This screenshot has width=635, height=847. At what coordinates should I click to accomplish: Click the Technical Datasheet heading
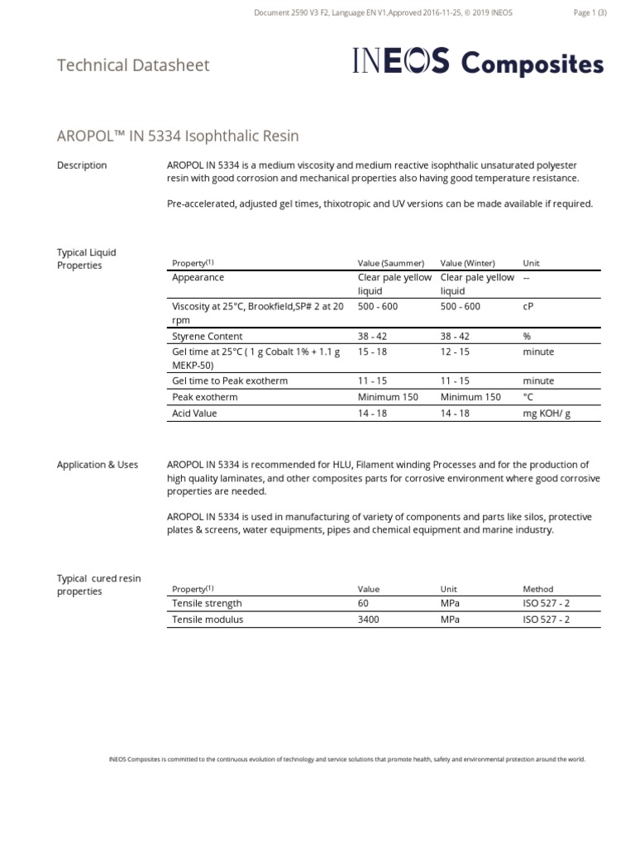tap(133, 65)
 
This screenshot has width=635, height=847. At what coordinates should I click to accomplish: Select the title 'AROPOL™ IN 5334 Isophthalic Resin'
tap(178, 136)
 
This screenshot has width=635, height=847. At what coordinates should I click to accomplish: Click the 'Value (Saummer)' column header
tap(390, 263)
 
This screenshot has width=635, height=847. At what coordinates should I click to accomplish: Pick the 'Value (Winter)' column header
tap(467, 263)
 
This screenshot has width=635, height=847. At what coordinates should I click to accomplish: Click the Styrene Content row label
tap(207, 337)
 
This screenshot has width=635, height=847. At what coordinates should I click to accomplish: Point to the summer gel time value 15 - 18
tap(372, 352)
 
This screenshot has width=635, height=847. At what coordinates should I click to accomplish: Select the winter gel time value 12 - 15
tap(455, 352)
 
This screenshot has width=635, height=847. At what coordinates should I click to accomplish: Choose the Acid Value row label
tap(194, 413)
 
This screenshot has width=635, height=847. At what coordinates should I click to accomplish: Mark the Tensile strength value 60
tap(363, 604)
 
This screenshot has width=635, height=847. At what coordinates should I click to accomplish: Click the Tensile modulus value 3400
tap(369, 620)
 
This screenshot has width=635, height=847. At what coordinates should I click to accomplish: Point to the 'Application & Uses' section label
tap(98, 465)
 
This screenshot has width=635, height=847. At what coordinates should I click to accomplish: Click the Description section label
tap(82, 165)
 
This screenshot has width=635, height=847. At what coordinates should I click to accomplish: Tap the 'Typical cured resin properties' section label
tap(88, 585)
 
